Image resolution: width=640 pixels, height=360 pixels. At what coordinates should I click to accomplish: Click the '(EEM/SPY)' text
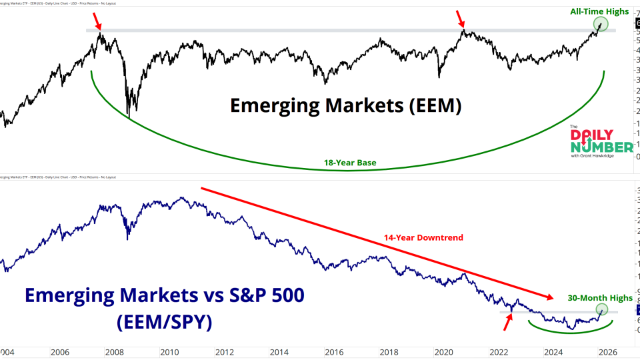163,323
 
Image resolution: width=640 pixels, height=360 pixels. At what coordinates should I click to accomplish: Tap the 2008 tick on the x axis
114,352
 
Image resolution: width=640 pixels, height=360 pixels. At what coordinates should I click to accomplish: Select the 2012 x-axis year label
223,352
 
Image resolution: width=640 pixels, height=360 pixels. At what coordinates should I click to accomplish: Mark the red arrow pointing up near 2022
508,323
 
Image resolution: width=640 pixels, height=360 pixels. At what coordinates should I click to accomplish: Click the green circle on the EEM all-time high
601,25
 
